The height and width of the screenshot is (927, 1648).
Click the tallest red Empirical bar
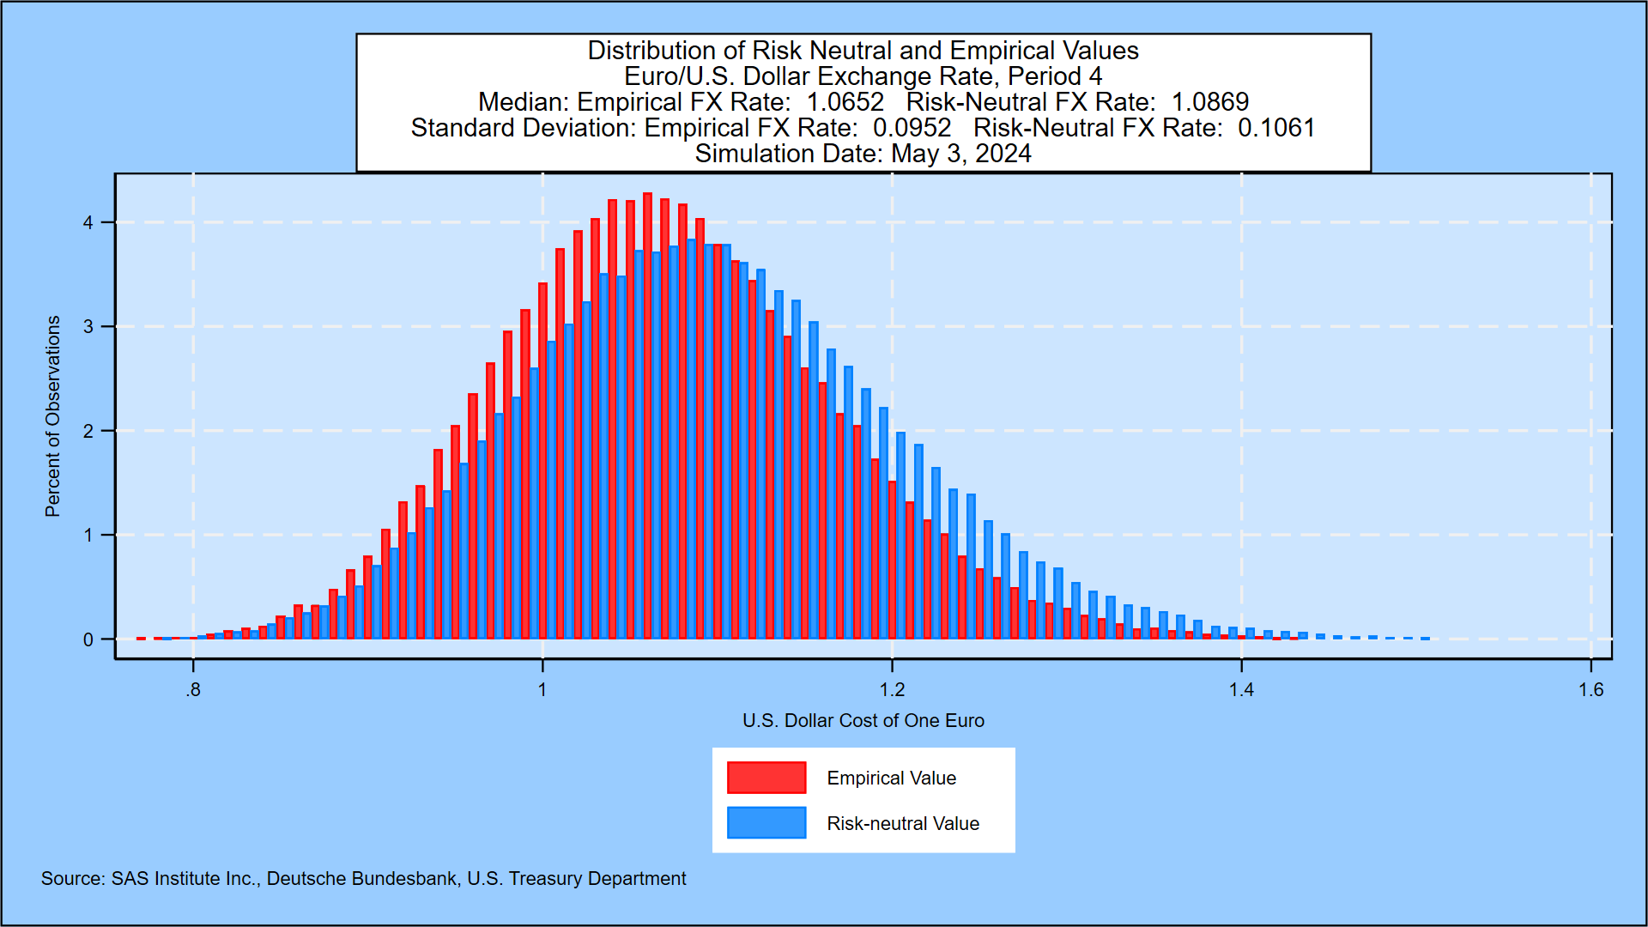coord(647,416)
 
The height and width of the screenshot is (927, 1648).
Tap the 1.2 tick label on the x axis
coord(892,690)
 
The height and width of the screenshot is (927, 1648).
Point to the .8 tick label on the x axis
coord(193,690)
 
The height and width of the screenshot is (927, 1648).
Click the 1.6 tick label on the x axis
coord(1590,690)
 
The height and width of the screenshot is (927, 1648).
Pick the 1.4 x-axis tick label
coord(1241,690)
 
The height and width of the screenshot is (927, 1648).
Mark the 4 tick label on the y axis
coord(88,223)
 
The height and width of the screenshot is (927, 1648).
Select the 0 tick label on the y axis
coord(88,639)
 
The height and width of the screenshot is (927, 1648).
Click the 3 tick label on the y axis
coord(88,327)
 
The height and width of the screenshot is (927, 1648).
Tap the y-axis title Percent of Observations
coord(53,416)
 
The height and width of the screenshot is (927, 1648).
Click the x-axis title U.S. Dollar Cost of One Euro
coord(863,721)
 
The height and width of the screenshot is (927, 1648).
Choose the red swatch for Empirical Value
coord(766,778)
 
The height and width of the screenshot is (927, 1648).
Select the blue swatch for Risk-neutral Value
coord(766,823)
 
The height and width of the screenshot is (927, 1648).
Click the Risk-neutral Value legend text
coord(902,824)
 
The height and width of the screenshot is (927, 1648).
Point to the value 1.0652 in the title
coord(845,102)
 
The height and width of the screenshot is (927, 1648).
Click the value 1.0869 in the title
coord(1209,102)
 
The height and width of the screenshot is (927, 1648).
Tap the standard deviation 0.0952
coord(912,128)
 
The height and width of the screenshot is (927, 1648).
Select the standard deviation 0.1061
coord(1275,128)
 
